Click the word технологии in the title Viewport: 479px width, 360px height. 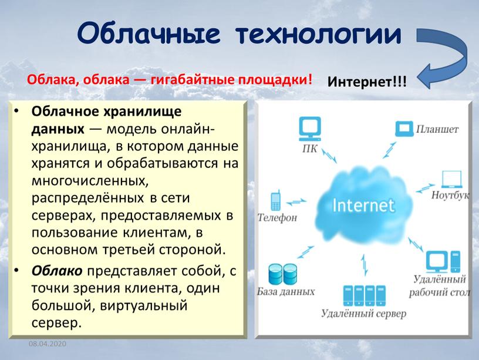318,34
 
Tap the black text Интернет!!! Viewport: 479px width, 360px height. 367,82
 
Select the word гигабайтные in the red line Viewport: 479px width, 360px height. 193,79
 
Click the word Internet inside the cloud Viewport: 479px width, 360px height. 363,205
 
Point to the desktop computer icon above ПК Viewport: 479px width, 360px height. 310,129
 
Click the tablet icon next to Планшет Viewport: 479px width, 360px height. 404,129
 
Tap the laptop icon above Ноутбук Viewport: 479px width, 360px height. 451,179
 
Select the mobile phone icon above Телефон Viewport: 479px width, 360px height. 276,200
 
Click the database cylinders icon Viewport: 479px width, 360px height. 282,274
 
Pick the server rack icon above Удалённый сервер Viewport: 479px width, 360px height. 364,295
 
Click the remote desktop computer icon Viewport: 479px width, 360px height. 443,261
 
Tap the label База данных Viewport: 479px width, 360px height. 286,291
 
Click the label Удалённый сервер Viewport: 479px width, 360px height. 363,314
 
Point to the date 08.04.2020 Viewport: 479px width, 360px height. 48,344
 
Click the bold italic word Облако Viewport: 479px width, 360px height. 57,271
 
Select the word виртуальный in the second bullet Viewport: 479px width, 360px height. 143,305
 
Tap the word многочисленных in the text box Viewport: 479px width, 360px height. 90,181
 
